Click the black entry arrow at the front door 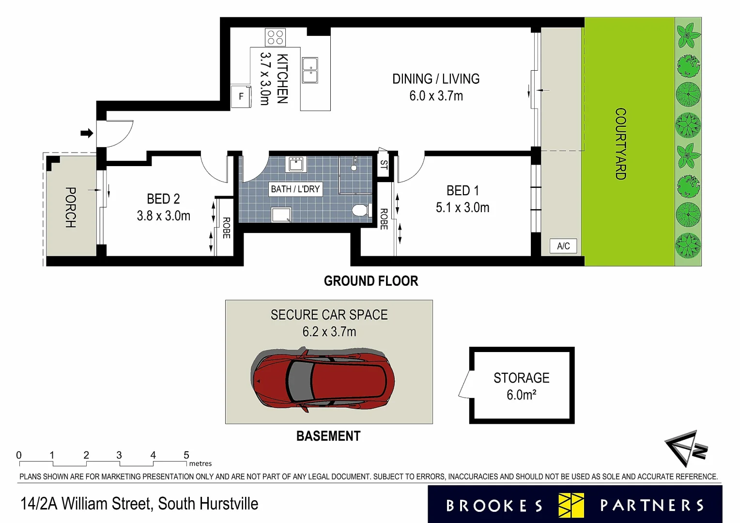click(87, 133)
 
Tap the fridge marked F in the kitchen click(241, 96)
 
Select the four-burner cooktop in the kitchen click(275, 37)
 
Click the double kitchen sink click(310, 70)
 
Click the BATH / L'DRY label click(295, 189)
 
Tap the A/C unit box click(563, 246)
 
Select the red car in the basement click(323, 379)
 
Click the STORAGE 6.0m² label click(522, 386)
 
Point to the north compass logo click(685, 448)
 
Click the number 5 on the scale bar click(186, 455)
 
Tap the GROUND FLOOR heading click(371, 281)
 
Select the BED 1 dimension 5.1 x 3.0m click(462, 208)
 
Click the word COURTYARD click(620, 144)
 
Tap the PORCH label click(71, 207)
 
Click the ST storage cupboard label click(384, 165)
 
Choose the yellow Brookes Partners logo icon click(571, 505)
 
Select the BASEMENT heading click(328, 436)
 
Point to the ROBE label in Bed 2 click(226, 228)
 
